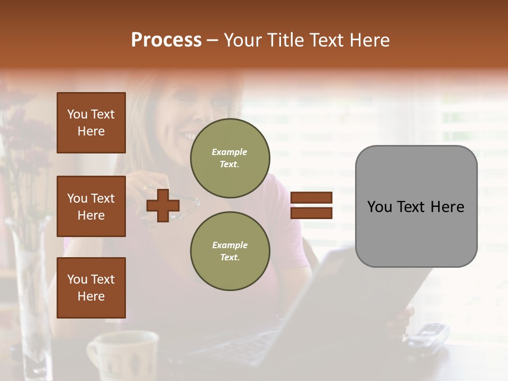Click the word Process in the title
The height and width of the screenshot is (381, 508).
[166, 40]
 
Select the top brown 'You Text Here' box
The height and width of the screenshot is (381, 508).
[91, 123]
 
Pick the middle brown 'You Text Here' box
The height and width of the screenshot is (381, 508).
[91, 206]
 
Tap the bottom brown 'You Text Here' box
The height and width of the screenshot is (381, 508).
[91, 288]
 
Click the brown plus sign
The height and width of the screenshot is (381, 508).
[163, 206]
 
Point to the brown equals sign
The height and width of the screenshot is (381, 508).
[312, 205]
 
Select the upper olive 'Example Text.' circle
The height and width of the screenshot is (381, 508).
[230, 158]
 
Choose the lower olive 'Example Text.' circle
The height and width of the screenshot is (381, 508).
[230, 251]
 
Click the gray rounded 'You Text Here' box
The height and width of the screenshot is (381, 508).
[416, 206]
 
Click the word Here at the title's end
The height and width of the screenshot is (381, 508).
[368, 40]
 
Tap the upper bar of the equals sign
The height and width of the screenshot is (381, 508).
[312, 197]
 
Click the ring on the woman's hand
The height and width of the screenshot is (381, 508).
[146, 188]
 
